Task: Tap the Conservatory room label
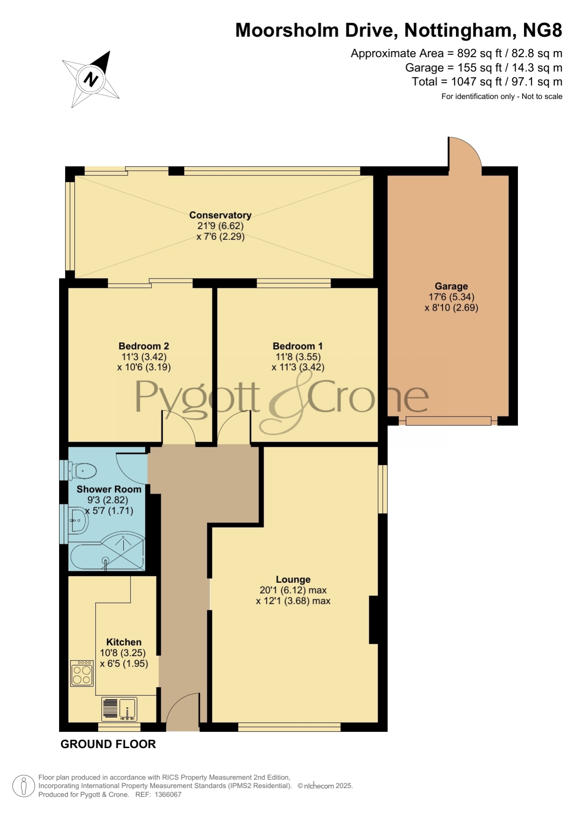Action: pos(220,215)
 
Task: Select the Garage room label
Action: pos(451,286)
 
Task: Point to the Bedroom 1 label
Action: pos(298,346)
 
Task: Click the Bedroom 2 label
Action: pos(144,346)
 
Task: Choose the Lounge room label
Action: pos(293,580)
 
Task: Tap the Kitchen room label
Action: pos(124,642)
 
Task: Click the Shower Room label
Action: pos(109,489)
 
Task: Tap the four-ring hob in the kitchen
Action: pos(82,673)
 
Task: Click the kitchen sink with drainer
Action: pos(119,709)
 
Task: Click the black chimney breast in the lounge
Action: pos(373,620)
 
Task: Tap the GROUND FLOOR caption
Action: pos(108,744)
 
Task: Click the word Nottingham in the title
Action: pos(458,31)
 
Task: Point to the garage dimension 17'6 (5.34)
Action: pos(451,297)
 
